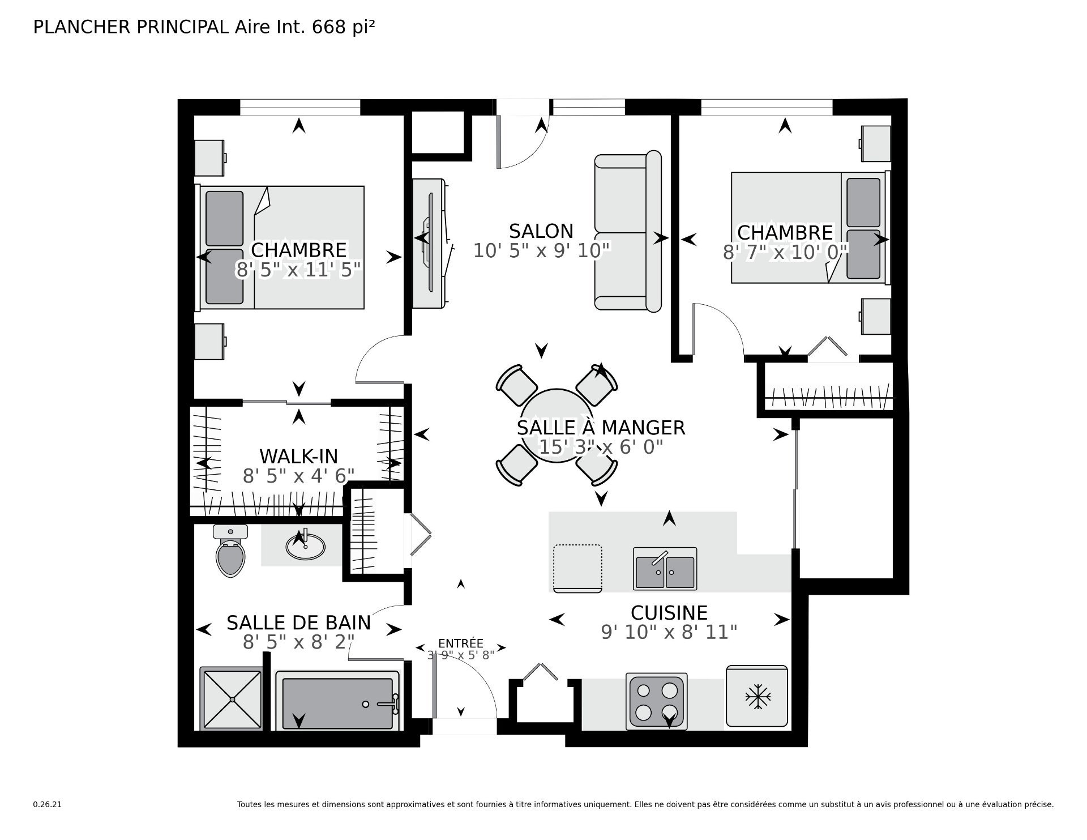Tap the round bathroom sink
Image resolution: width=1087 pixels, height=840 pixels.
click(305, 545)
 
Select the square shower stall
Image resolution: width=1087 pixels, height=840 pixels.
click(231, 699)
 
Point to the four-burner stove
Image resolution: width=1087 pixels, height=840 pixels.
click(657, 701)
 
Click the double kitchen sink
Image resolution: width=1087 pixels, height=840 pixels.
click(665, 569)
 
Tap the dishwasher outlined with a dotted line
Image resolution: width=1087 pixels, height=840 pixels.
click(577, 568)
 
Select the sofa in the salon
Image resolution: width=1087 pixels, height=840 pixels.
click(628, 231)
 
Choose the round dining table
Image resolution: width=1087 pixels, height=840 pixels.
click(557, 425)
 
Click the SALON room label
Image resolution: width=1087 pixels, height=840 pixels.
click(541, 231)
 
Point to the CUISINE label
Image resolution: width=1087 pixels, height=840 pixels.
click(669, 613)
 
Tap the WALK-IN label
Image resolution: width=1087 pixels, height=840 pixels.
click(298, 456)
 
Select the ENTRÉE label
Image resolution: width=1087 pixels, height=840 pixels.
click(461, 643)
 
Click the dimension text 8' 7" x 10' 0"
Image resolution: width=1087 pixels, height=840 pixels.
click(785, 251)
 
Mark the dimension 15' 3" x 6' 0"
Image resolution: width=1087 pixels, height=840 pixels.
click(601, 447)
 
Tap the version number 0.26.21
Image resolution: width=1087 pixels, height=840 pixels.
click(47, 804)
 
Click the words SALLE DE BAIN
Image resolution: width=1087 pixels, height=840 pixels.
click(298, 622)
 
